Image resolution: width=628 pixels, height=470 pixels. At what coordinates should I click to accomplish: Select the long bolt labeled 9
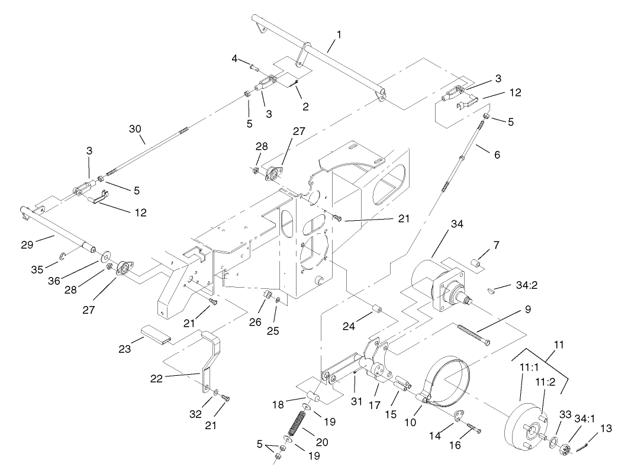pos(474,334)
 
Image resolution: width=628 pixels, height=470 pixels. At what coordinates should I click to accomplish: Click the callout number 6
pos(497,154)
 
